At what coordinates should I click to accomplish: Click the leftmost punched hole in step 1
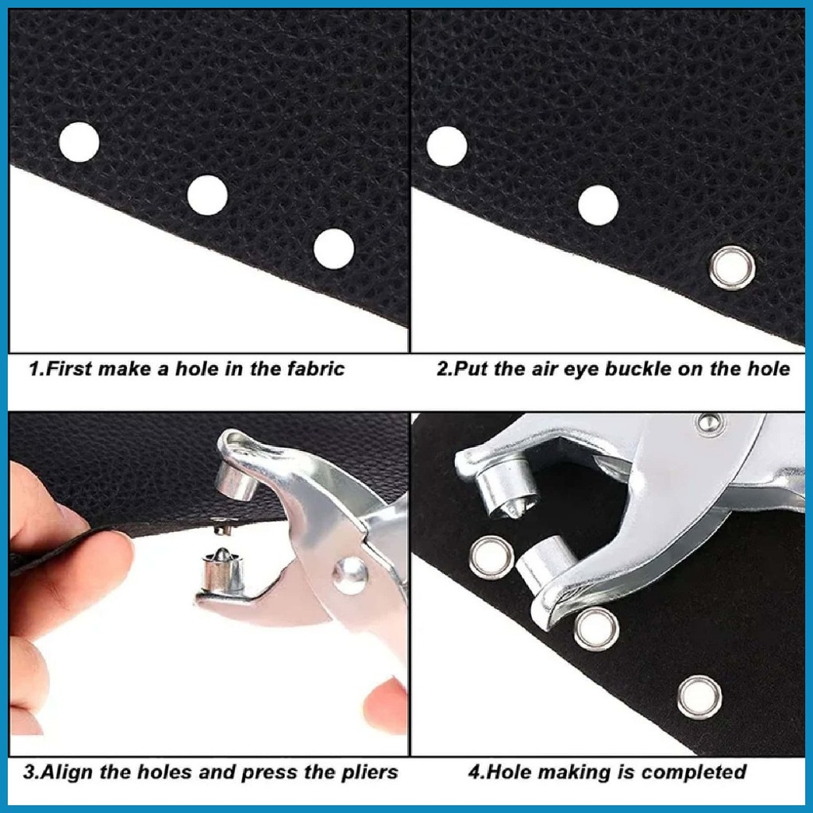(79, 143)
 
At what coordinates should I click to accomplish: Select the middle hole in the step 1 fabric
(207, 195)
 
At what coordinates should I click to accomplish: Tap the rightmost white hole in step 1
(333, 249)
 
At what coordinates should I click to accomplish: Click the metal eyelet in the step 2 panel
(731, 268)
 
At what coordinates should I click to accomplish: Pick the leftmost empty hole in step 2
(446, 147)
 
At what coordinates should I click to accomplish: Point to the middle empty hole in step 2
(598, 205)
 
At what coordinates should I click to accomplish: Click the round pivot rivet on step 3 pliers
(350, 573)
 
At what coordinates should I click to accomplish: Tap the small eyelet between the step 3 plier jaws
(221, 525)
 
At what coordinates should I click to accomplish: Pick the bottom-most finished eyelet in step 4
(699, 696)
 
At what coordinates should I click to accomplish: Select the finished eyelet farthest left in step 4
(491, 557)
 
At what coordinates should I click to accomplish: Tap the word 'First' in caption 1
(69, 368)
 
